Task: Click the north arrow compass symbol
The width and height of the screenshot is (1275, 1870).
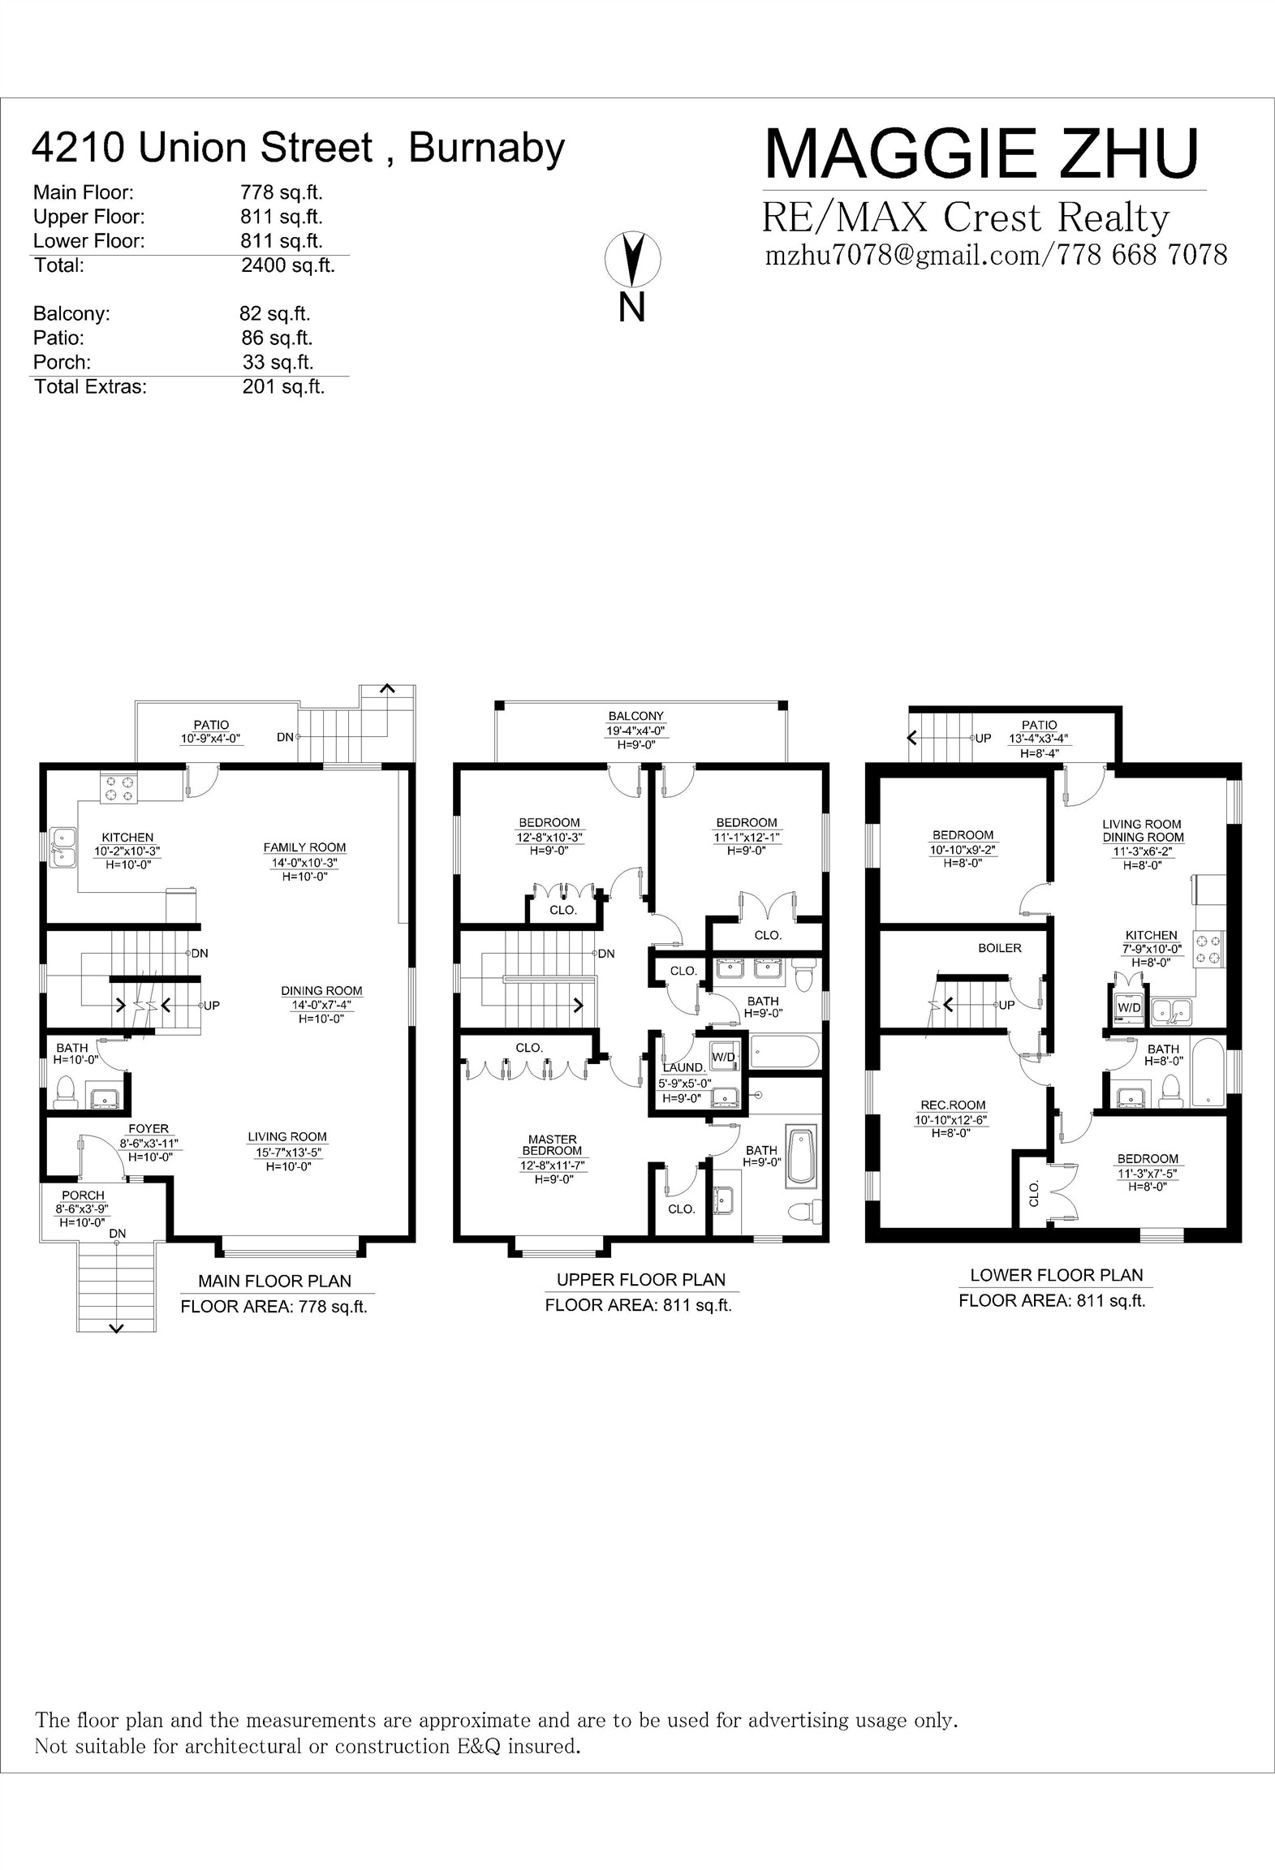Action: point(632,259)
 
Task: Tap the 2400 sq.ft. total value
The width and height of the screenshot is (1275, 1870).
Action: point(287,265)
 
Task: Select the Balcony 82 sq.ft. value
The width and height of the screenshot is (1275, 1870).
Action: point(274,314)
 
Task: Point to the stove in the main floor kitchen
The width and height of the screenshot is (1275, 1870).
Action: point(118,789)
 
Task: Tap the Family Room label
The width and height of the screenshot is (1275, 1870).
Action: point(304,847)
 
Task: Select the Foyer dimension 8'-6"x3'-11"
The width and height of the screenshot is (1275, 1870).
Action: point(149,1144)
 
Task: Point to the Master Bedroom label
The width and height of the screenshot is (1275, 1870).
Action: point(552,1145)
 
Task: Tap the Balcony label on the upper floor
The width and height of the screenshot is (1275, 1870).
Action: point(636,716)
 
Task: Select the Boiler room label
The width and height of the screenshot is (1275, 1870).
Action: point(999,948)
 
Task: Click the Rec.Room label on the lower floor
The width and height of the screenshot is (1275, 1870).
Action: point(953,1105)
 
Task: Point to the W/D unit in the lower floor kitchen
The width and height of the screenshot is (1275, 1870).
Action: point(1129,1007)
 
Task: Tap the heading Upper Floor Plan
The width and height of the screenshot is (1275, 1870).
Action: point(640,1280)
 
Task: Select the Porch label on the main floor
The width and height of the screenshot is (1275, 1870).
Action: point(83,1195)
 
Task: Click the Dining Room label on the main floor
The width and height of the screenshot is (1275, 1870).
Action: point(321,991)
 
